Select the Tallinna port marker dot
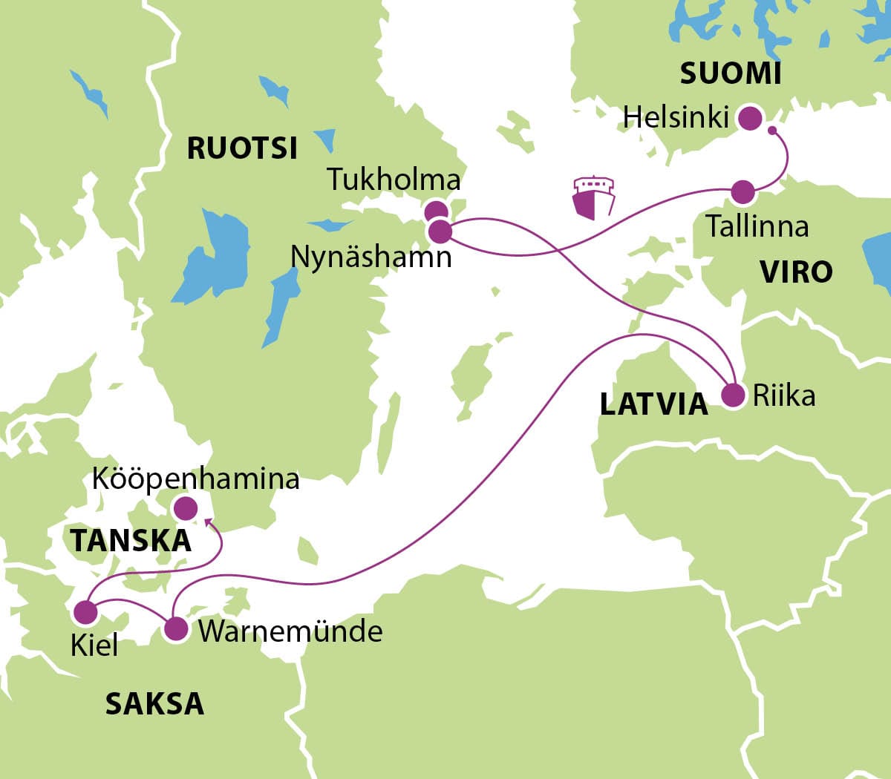point(742,192)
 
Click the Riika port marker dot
point(734,395)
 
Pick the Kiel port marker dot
point(86,613)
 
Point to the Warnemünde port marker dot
point(176,630)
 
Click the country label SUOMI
point(731,73)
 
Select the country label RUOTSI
point(242,148)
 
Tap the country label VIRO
point(796,272)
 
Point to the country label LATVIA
point(653,404)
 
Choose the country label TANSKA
point(131,541)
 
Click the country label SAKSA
point(154,703)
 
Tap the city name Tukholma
point(394,180)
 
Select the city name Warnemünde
point(290,631)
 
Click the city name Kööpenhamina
point(196,479)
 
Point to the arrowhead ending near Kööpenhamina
point(208,523)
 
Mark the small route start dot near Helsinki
point(772,131)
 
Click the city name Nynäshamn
point(371,257)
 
